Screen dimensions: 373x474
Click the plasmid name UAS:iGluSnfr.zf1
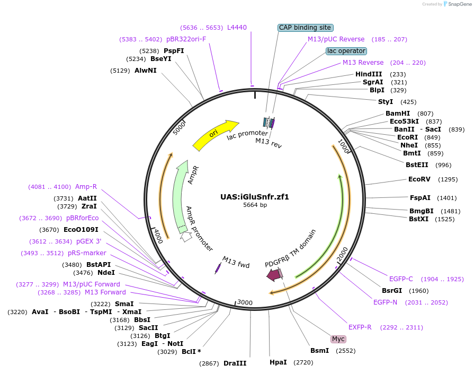tap(255, 196)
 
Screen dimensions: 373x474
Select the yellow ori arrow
tap(214, 135)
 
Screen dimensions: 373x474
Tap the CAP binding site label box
tap(306, 28)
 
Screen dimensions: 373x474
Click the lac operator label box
tap(346, 51)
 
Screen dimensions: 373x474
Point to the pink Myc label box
tap(338, 339)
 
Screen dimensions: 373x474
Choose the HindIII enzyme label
tap(369, 74)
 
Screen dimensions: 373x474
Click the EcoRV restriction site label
tap(419, 179)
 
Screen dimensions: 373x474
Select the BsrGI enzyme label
tap(392, 290)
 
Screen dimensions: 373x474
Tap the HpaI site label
tap(278, 362)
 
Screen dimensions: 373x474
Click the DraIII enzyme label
tap(235, 363)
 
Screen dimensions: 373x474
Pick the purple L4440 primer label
tap(237, 27)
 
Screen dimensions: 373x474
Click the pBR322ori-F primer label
tap(186, 39)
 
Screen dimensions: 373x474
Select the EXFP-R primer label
tap(360, 327)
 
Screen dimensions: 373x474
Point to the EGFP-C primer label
tap(401, 279)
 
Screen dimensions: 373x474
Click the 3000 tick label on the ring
tap(245, 302)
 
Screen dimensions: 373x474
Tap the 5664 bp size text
tap(255, 205)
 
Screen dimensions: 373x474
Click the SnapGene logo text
tap(458, 4)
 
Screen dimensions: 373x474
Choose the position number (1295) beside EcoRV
tap(448, 179)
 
